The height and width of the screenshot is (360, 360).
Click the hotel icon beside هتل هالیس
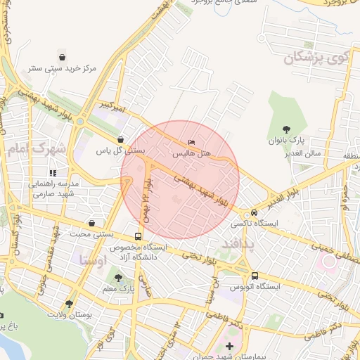pos(192,143)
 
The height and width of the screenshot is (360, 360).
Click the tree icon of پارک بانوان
pos(287,129)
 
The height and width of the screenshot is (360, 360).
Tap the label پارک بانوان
pos(286,141)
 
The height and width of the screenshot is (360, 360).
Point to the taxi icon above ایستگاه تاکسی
pos(254,212)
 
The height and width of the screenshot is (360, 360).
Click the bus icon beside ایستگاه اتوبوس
pos(254,276)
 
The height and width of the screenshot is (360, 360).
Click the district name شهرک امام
pos(39,148)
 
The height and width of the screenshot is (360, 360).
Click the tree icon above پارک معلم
pos(117,278)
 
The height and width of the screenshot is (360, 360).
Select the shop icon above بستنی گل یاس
pos(121,139)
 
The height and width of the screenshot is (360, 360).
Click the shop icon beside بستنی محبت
pos(137,236)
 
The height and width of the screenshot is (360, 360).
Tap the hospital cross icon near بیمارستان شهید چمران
pos(229,346)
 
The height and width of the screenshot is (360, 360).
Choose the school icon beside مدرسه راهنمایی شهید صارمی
pos(52,172)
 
